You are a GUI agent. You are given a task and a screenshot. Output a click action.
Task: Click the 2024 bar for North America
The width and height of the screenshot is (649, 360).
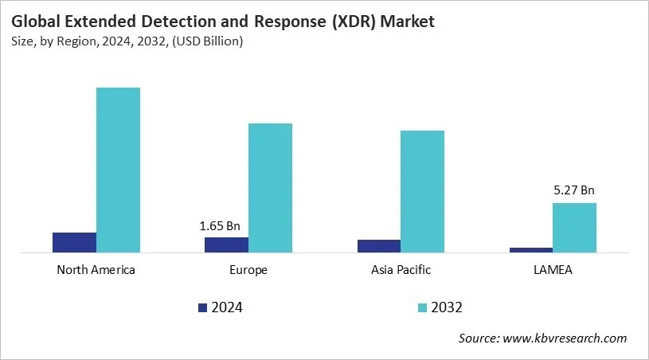pyautogui.click(x=74, y=243)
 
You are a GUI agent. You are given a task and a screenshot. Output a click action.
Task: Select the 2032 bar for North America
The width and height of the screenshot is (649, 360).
pyautogui.click(x=118, y=170)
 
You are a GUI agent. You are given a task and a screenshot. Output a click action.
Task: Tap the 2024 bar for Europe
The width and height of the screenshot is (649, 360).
pyautogui.click(x=226, y=245)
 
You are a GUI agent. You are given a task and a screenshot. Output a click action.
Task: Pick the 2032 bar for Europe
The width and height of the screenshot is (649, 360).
pyautogui.click(x=270, y=188)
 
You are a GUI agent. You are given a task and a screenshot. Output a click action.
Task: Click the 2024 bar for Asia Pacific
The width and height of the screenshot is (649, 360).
pyautogui.click(x=378, y=246)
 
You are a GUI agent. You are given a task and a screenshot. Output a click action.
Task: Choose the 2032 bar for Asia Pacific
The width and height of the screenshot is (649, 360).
pyautogui.click(x=422, y=192)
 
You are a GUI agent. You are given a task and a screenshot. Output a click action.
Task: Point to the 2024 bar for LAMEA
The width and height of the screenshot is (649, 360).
pyautogui.click(x=530, y=250)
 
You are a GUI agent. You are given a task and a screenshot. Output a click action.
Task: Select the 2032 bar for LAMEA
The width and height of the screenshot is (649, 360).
pyautogui.click(x=574, y=228)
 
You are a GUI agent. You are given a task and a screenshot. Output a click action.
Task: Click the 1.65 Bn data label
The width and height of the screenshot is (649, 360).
pyautogui.click(x=220, y=226)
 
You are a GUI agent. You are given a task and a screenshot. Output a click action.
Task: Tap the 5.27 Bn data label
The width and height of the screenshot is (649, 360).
pyautogui.click(x=574, y=190)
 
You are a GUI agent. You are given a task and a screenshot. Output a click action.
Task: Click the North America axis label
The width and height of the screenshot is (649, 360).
pyautogui.click(x=96, y=270)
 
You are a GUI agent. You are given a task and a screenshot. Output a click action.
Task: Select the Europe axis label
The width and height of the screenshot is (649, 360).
pyautogui.click(x=248, y=270)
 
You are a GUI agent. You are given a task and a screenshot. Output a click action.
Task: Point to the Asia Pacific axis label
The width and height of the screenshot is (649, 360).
pyautogui.click(x=401, y=270)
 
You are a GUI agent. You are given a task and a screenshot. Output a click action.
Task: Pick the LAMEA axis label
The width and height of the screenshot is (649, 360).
pyautogui.click(x=553, y=270)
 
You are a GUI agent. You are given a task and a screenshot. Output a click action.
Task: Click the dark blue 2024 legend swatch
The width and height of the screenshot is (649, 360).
pyautogui.click(x=202, y=307)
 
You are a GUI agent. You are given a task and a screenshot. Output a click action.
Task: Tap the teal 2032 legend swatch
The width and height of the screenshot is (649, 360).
pyautogui.click(x=422, y=307)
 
